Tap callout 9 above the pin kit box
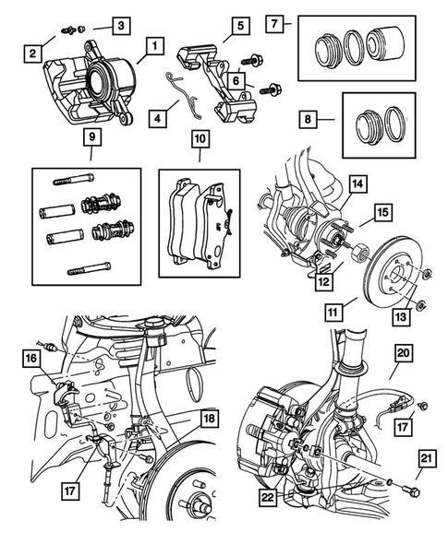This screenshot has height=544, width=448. [x=90, y=140]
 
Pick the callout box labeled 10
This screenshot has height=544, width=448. [x=198, y=140]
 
